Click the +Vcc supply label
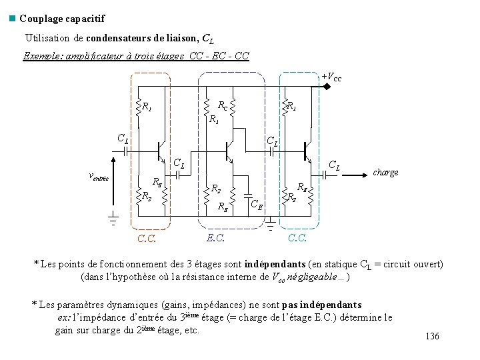(x=331, y=77)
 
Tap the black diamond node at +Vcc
(x=327, y=86)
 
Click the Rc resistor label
(x=224, y=105)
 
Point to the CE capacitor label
(x=256, y=203)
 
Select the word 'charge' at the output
(x=385, y=172)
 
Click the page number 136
(x=432, y=336)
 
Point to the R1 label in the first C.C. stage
(x=147, y=107)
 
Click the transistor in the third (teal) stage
(x=307, y=151)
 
